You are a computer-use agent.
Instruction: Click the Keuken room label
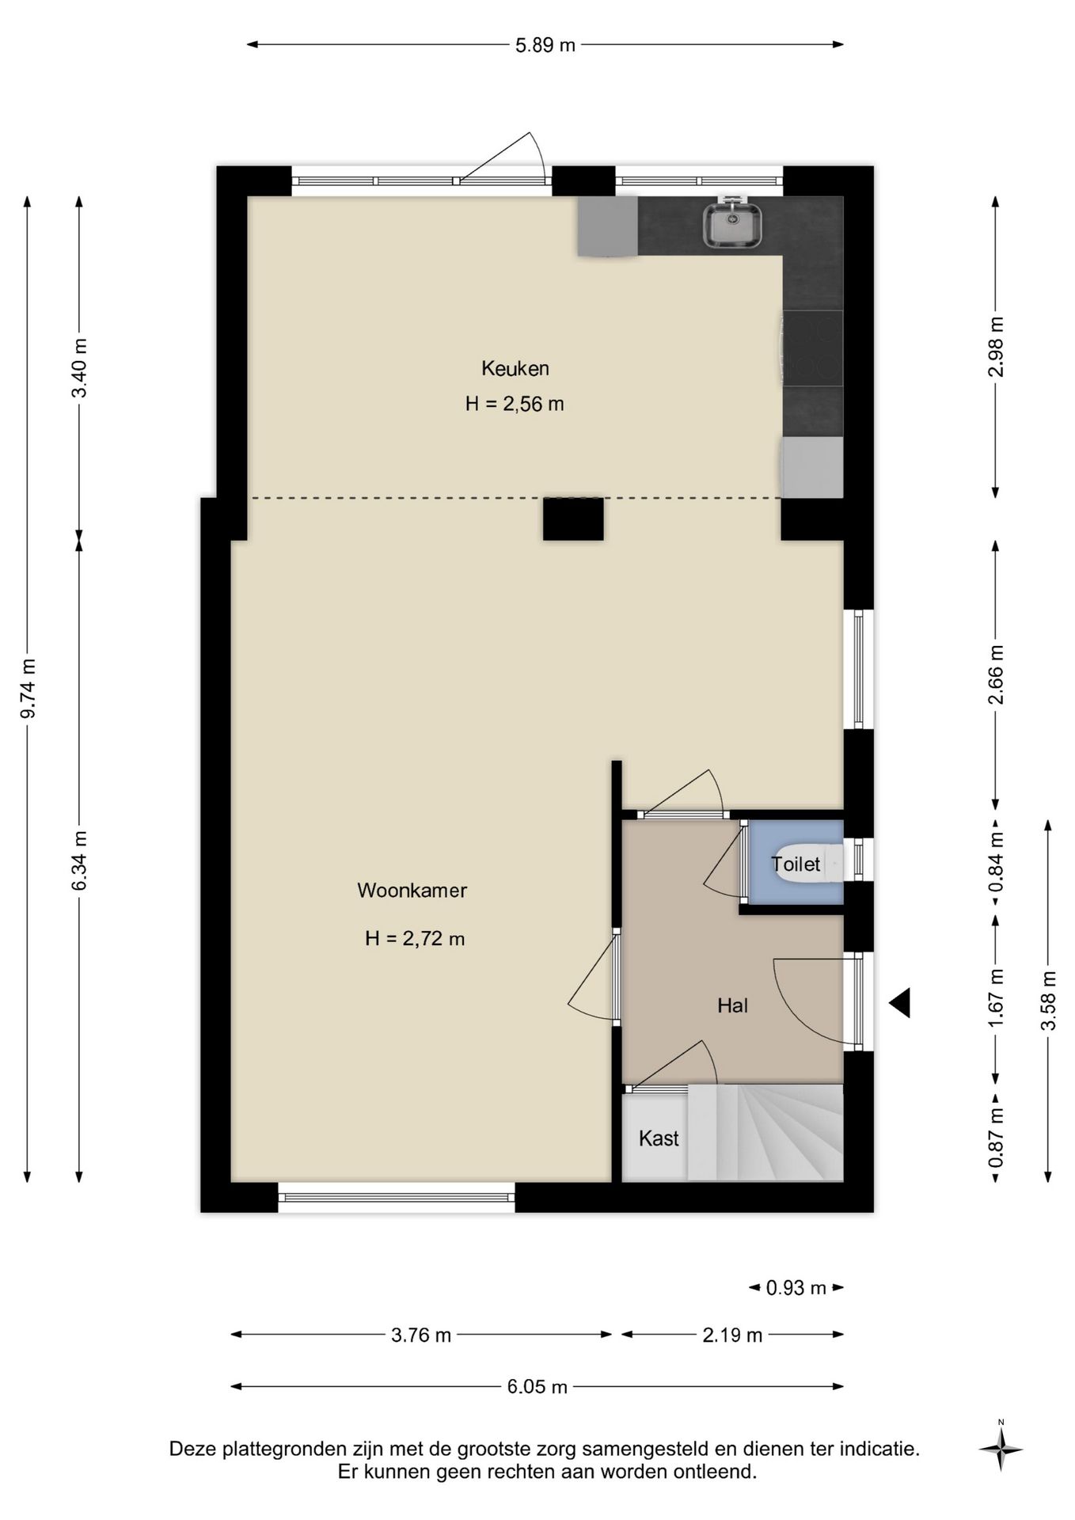click(515, 368)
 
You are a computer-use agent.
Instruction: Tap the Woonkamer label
click(412, 890)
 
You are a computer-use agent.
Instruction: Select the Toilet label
click(796, 864)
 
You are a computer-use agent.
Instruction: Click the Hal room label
click(732, 1005)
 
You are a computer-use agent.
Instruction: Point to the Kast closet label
click(659, 1138)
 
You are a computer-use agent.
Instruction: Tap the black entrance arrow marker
click(899, 1003)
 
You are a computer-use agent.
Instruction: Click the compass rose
click(1001, 1450)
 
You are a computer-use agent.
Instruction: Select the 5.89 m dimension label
click(545, 45)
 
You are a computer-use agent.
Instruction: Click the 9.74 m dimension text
click(28, 689)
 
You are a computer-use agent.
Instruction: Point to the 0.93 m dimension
click(796, 1288)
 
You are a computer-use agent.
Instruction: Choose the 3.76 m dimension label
click(421, 1336)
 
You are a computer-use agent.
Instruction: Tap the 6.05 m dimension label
click(537, 1386)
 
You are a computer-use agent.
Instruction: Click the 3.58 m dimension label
click(1049, 1001)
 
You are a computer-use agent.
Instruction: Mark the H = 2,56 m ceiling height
click(515, 404)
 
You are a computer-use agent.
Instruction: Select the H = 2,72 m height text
click(415, 939)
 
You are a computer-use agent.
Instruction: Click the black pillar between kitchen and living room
click(573, 519)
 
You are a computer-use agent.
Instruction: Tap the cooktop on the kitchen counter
click(812, 348)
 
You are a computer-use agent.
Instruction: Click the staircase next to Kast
click(765, 1133)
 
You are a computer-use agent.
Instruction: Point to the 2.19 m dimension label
click(732, 1336)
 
